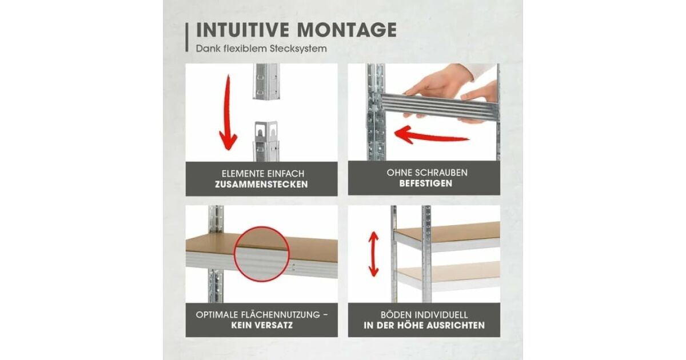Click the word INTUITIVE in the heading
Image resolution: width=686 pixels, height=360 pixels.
click(x=242, y=30)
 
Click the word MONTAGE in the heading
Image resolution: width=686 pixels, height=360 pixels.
click(x=347, y=30)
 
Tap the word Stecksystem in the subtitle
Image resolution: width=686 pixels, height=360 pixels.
click(x=298, y=49)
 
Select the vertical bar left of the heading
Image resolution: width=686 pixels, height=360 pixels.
click(x=187, y=38)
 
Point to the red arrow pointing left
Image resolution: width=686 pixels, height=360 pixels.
click(x=431, y=135)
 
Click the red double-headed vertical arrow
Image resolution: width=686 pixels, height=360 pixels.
click(x=374, y=254)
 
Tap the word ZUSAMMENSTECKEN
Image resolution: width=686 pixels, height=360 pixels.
click(x=261, y=185)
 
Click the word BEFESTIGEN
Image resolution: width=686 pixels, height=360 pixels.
click(x=425, y=183)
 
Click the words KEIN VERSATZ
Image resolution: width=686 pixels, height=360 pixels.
click(x=262, y=325)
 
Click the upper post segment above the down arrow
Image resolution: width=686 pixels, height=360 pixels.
click(x=266, y=81)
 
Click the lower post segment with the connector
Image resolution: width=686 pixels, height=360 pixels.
click(x=266, y=141)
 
